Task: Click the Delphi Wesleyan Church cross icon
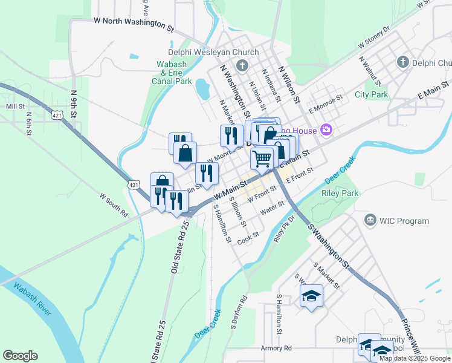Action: (x=242, y=65)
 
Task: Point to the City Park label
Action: (x=371, y=95)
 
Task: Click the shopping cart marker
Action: (x=262, y=159)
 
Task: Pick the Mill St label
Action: (x=14, y=106)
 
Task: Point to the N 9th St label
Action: (x=73, y=104)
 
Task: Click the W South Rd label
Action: (x=114, y=204)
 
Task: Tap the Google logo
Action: (x=20, y=356)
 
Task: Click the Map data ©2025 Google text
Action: (x=415, y=358)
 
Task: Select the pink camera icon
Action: (x=327, y=129)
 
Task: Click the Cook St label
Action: (x=248, y=237)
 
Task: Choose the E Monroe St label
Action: (x=325, y=103)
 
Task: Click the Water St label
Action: (x=272, y=209)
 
